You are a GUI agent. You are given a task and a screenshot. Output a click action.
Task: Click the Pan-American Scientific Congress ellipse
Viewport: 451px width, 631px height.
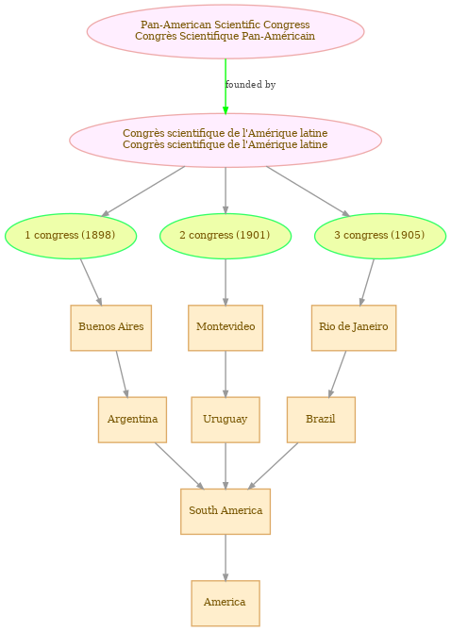tap(225, 31)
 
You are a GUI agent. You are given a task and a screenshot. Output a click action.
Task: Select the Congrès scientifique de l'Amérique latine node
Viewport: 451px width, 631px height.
tap(225, 140)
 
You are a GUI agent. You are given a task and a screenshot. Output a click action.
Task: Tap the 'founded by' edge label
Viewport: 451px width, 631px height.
tap(250, 85)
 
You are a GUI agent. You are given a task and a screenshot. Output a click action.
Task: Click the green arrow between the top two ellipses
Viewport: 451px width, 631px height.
tap(225, 87)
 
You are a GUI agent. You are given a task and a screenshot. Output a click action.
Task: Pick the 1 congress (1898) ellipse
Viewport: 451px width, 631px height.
tap(71, 236)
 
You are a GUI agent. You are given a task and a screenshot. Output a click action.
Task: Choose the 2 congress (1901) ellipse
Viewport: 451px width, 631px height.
tap(225, 236)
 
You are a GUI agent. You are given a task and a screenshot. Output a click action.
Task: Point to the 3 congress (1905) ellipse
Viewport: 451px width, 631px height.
tap(380, 236)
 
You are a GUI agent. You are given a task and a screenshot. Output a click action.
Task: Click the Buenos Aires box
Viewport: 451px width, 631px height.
tap(111, 327)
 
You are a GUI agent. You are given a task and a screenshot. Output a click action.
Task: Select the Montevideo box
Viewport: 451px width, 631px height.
tap(225, 327)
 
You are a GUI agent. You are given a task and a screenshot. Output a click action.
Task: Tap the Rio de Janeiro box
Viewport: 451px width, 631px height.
tap(354, 327)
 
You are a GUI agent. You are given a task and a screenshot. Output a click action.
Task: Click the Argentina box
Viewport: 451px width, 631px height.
tap(132, 420)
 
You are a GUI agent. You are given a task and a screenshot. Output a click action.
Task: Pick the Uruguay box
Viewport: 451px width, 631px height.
tap(225, 420)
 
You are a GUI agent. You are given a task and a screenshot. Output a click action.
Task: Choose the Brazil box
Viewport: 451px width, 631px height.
tap(321, 420)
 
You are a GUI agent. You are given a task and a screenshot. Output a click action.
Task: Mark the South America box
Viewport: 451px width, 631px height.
tap(225, 511)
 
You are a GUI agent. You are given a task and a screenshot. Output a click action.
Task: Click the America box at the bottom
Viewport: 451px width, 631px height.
tap(225, 604)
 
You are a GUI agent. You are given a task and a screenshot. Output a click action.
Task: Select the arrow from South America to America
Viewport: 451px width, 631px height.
tap(225, 557)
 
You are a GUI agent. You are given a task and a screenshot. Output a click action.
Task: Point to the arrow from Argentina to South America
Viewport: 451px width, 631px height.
tap(179, 466)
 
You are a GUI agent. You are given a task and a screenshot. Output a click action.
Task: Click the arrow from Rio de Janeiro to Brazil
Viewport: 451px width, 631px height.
tap(338, 374)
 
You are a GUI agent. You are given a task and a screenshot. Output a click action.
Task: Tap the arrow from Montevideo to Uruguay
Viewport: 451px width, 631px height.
tap(225, 374)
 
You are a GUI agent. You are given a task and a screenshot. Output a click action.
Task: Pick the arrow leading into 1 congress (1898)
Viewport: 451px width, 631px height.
tap(143, 191)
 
